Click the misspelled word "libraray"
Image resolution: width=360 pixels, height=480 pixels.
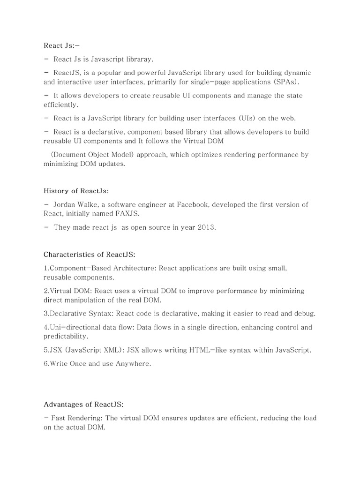pos(139,59)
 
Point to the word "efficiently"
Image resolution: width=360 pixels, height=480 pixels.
pos(60,105)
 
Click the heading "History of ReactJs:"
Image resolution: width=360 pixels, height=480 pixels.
pos(76,191)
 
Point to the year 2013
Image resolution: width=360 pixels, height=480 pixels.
pos(206,228)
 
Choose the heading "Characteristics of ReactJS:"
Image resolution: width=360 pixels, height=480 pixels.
pos(90,255)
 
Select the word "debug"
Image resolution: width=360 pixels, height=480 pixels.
pos(305,314)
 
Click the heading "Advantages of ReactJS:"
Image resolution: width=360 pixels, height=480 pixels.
pos(83,405)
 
